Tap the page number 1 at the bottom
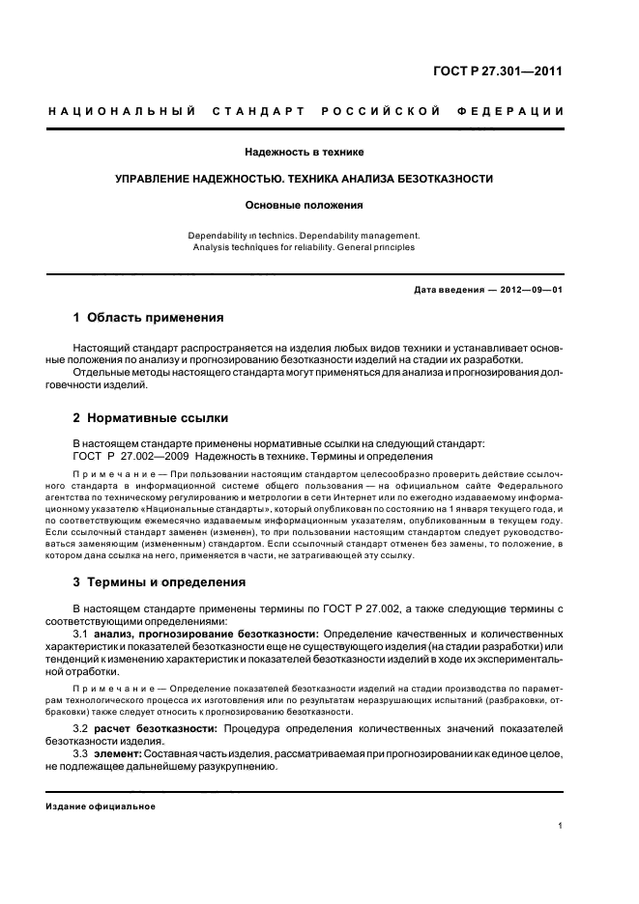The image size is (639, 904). point(561,826)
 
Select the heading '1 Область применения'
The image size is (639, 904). point(149,317)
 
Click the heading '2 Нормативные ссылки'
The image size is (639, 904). point(151,418)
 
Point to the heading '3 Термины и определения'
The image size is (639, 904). point(160,582)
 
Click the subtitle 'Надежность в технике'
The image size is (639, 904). point(305,152)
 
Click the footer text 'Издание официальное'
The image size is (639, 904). point(101,806)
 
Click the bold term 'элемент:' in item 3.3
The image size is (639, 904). point(116,751)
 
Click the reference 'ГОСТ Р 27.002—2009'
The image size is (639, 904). point(132,456)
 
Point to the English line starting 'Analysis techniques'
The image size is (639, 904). point(305,247)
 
